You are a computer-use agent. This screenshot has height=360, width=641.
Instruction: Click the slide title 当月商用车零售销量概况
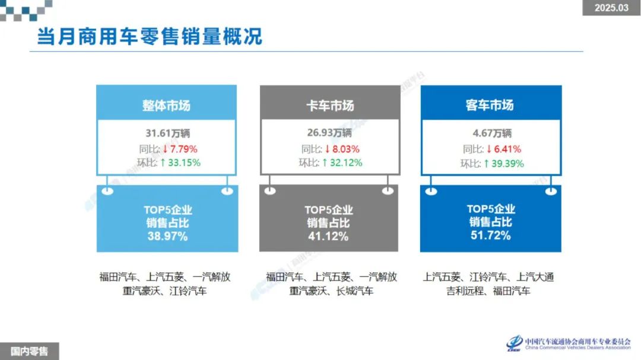149,36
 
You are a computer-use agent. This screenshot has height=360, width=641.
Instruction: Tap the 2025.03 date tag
611,8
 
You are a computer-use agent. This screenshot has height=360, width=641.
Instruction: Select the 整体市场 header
166,106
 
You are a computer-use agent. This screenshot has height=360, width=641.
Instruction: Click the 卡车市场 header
329,106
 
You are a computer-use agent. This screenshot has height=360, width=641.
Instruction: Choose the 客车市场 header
490,106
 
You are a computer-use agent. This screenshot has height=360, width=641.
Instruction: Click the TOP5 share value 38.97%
167,236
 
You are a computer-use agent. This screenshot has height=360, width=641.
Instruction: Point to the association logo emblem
514,343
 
